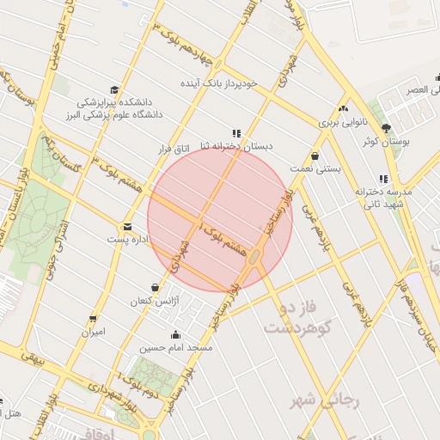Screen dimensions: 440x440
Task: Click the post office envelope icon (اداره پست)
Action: tap(128, 227)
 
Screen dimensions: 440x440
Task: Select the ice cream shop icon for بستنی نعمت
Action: tap(315, 156)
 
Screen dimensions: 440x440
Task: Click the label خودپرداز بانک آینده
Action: tap(217, 84)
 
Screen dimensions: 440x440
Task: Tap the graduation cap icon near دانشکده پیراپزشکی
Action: tap(114, 89)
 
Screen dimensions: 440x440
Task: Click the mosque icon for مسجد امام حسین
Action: tap(176, 335)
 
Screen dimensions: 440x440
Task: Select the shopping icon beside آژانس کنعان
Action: tap(155, 287)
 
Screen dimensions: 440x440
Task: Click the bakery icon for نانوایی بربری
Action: tap(344, 108)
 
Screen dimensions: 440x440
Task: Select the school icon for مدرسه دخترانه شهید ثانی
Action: tap(358, 180)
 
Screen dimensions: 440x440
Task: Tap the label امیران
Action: tap(93, 331)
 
